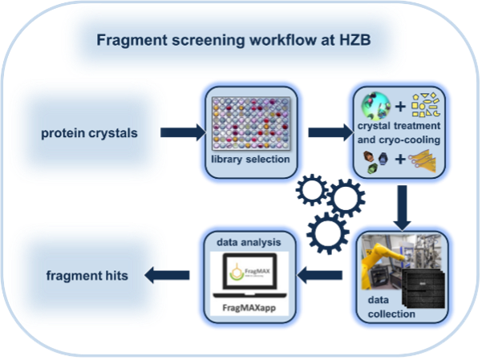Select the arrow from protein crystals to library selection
tap(182, 132)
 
